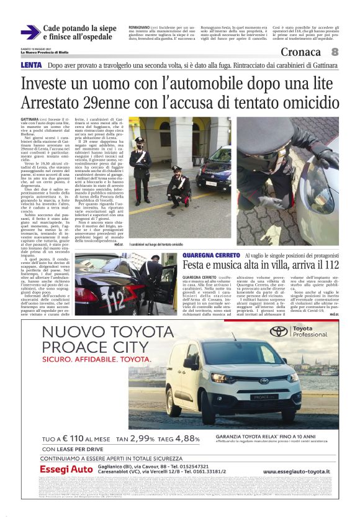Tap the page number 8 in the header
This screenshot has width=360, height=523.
335,52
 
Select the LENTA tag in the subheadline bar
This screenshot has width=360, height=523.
31,65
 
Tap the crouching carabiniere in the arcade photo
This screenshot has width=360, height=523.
179,186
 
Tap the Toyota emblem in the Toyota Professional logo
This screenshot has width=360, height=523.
277,332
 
